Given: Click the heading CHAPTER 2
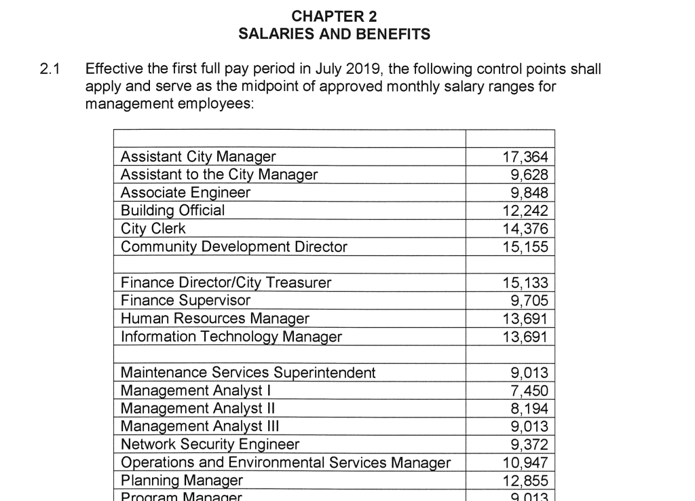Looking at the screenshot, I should coord(334,16).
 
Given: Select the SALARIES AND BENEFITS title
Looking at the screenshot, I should coord(334,34).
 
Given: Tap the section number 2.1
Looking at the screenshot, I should coord(50,69).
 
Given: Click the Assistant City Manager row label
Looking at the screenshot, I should coord(198,157).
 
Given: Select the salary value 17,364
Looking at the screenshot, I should coord(525,157).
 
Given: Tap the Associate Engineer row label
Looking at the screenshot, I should coord(185,193).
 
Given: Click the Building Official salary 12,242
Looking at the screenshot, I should coord(525,210).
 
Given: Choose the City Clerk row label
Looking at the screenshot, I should coord(153,229).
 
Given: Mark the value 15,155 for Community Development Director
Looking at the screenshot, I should coord(525,246).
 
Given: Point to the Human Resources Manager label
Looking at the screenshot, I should coord(214,318).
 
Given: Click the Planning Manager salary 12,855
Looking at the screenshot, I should coord(525,481).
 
